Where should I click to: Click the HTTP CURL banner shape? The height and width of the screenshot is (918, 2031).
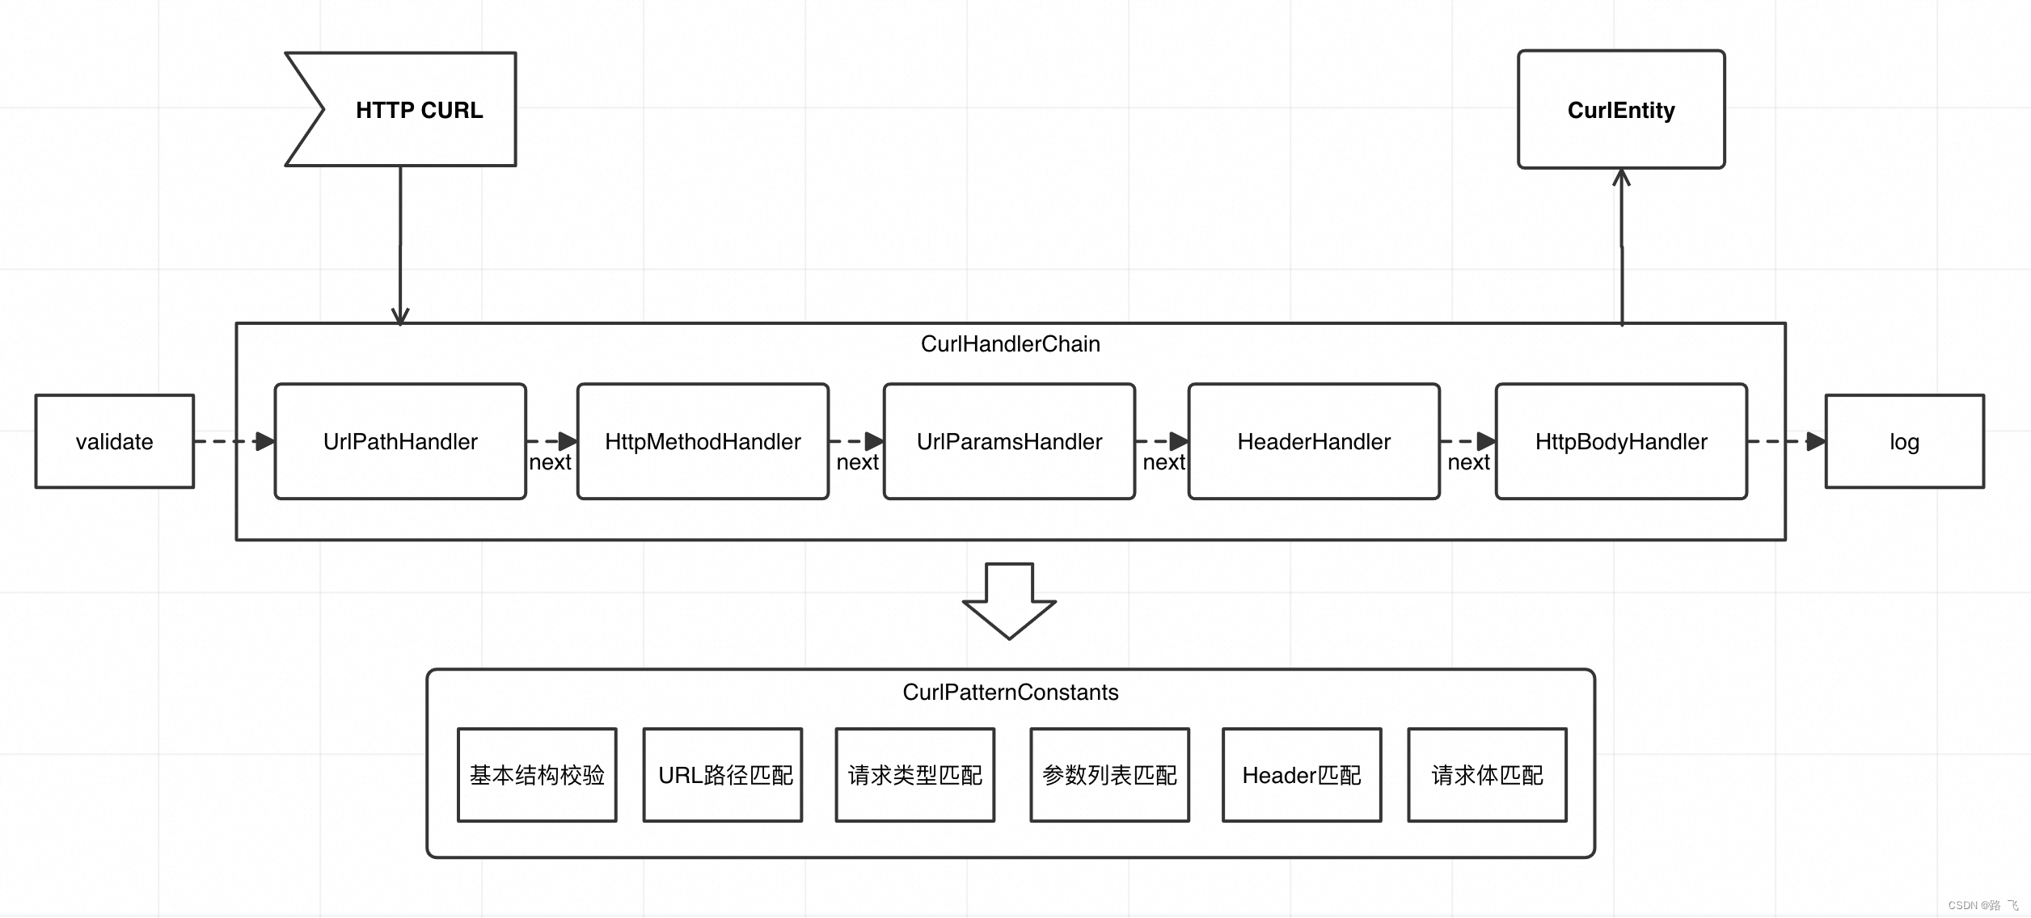[x=418, y=110]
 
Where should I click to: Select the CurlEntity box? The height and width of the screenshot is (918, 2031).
[x=1620, y=110]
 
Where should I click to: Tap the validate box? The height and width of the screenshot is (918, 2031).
[x=114, y=441]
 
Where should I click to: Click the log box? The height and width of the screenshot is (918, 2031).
[x=1903, y=441]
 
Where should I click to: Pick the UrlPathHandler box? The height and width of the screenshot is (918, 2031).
[x=400, y=441]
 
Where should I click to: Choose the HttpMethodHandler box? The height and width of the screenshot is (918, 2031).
[x=703, y=441]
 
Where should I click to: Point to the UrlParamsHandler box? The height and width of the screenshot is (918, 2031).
[x=1009, y=441]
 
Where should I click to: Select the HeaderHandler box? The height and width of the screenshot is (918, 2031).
[x=1313, y=441]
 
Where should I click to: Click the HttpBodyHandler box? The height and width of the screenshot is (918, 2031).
[x=1620, y=441]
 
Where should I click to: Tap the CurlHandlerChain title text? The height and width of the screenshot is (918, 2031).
[x=1010, y=344]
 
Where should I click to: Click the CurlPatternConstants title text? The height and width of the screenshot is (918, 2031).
[x=1010, y=693]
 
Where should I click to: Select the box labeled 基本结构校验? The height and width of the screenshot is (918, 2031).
[x=537, y=775]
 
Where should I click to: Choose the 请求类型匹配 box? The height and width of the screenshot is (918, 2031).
[x=914, y=775]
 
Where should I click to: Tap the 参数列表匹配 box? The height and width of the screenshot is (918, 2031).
[x=1109, y=775]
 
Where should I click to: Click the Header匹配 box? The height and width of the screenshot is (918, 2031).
[x=1302, y=775]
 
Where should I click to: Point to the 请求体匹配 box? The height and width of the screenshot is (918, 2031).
[x=1487, y=775]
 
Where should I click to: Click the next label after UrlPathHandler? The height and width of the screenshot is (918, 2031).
[x=550, y=462]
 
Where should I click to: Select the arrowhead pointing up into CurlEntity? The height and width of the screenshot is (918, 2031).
[x=1621, y=177]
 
